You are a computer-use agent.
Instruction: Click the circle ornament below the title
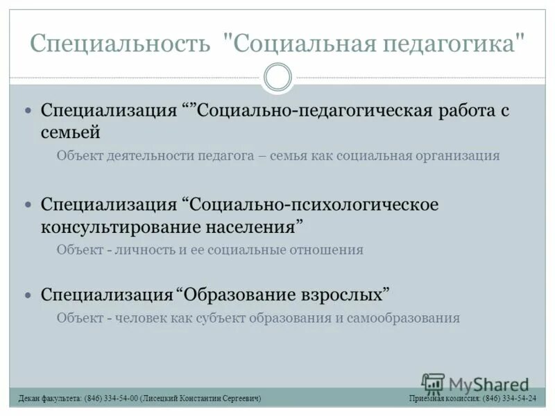(277, 77)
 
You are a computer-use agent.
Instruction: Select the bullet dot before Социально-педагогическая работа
(28, 111)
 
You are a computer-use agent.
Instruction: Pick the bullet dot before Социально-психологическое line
(28, 205)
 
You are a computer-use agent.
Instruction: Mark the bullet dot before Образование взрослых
(28, 295)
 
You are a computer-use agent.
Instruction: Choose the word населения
(254, 227)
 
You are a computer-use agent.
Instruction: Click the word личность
(146, 250)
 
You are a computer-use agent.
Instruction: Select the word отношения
(329, 250)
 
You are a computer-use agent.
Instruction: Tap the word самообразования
(405, 318)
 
